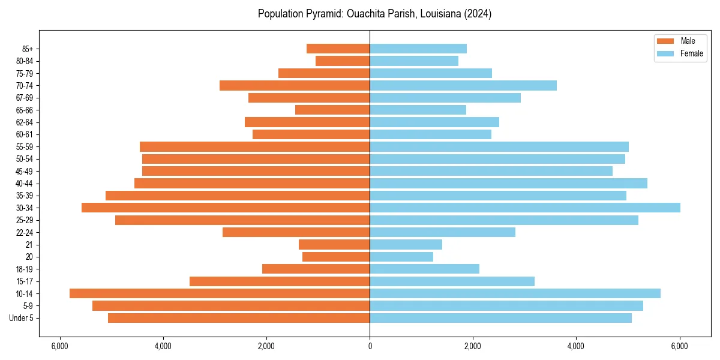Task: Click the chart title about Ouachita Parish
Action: tap(374, 14)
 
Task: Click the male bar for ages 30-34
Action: tap(226, 208)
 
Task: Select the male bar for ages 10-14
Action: tap(220, 293)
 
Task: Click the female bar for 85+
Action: tap(418, 49)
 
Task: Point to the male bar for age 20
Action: tap(336, 257)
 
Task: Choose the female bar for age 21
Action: tap(406, 244)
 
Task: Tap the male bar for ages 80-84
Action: tap(343, 61)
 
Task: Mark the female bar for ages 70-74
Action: tap(463, 85)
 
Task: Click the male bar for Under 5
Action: tap(239, 318)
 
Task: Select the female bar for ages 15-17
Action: tap(452, 281)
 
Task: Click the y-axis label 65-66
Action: tap(24, 110)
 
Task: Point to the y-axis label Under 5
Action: tap(21, 318)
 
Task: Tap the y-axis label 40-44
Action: tap(24, 183)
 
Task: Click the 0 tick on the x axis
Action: tap(370, 346)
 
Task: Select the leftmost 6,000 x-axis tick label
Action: tap(59, 346)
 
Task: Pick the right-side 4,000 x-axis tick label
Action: tap(576, 346)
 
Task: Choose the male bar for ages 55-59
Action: tap(254, 146)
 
